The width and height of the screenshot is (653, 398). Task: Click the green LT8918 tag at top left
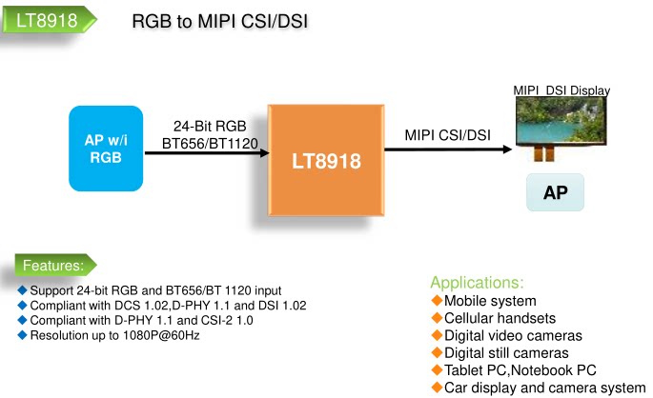pyautogui.click(x=50, y=20)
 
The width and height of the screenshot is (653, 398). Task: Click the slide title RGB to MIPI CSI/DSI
pyautogui.click(x=220, y=21)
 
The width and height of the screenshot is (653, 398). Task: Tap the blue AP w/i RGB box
pyautogui.click(x=106, y=149)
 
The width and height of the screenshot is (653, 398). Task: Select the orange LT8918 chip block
pyautogui.click(x=326, y=161)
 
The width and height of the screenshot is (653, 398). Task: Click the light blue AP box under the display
pyautogui.click(x=555, y=192)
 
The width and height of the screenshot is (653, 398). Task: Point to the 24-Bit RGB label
pyautogui.click(x=210, y=126)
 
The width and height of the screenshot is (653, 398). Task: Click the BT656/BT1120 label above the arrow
pyautogui.click(x=210, y=144)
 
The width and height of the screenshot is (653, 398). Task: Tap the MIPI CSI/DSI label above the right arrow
pyautogui.click(x=448, y=135)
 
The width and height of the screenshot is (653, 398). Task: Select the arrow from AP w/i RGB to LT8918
pyautogui.click(x=207, y=153)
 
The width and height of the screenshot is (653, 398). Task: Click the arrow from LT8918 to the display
pyautogui.click(x=448, y=149)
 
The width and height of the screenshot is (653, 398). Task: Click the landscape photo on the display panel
pyautogui.click(x=561, y=120)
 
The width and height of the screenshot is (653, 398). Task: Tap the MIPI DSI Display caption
pyautogui.click(x=561, y=90)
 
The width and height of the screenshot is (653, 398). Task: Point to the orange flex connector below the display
pyautogui.click(x=544, y=152)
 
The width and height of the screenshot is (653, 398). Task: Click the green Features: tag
pyautogui.click(x=55, y=265)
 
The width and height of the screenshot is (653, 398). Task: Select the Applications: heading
pyautogui.click(x=477, y=283)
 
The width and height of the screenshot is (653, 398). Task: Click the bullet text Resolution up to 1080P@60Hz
pyautogui.click(x=115, y=335)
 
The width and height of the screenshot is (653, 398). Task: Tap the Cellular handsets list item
pyautogui.click(x=500, y=318)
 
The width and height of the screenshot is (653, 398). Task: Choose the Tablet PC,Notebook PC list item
pyautogui.click(x=520, y=370)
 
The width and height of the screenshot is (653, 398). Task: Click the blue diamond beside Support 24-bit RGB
pyautogui.click(x=23, y=289)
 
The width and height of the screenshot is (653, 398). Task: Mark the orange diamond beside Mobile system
pyautogui.click(x=437, y=300)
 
